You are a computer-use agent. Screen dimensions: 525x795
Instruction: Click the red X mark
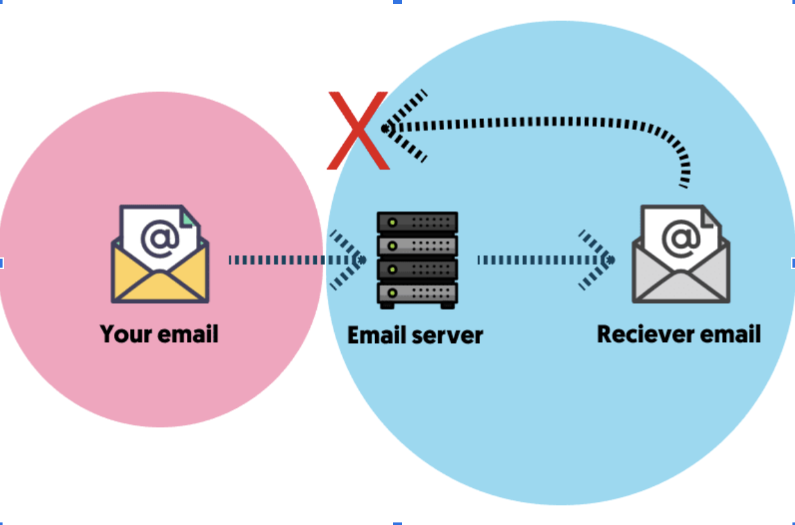coord(358,131)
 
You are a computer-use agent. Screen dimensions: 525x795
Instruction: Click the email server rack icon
coord(417,260)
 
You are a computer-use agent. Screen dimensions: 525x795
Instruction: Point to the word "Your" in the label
coord(124,334)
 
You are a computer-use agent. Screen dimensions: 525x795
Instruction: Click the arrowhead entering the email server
coord(349,260)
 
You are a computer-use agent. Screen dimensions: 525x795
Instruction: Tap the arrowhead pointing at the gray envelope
coord(598,260)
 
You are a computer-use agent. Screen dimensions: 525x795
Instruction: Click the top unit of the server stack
coord(417,223)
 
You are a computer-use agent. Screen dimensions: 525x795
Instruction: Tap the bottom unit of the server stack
coord(417,294)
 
